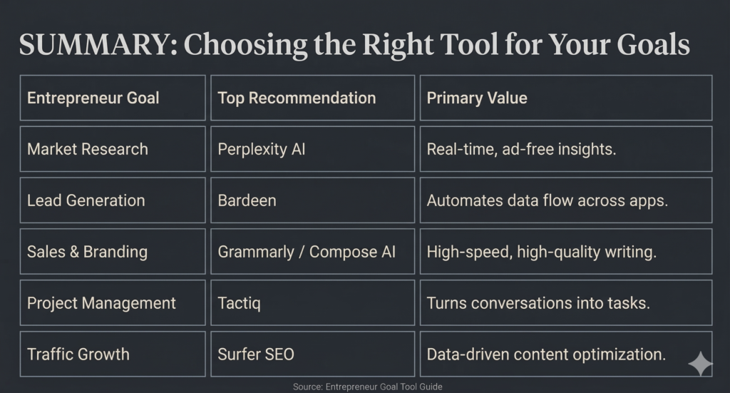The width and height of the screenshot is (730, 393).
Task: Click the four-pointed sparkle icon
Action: [x=699, y=364]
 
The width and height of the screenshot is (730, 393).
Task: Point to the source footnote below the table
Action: [x=367, y=387]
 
